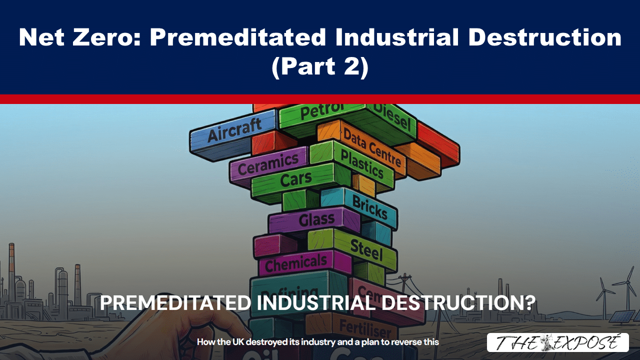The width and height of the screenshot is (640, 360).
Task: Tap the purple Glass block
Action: tap(315, 219)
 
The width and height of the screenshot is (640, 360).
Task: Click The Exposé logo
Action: tap(557, 342)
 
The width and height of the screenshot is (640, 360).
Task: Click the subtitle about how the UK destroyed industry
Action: tap(317, 342)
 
